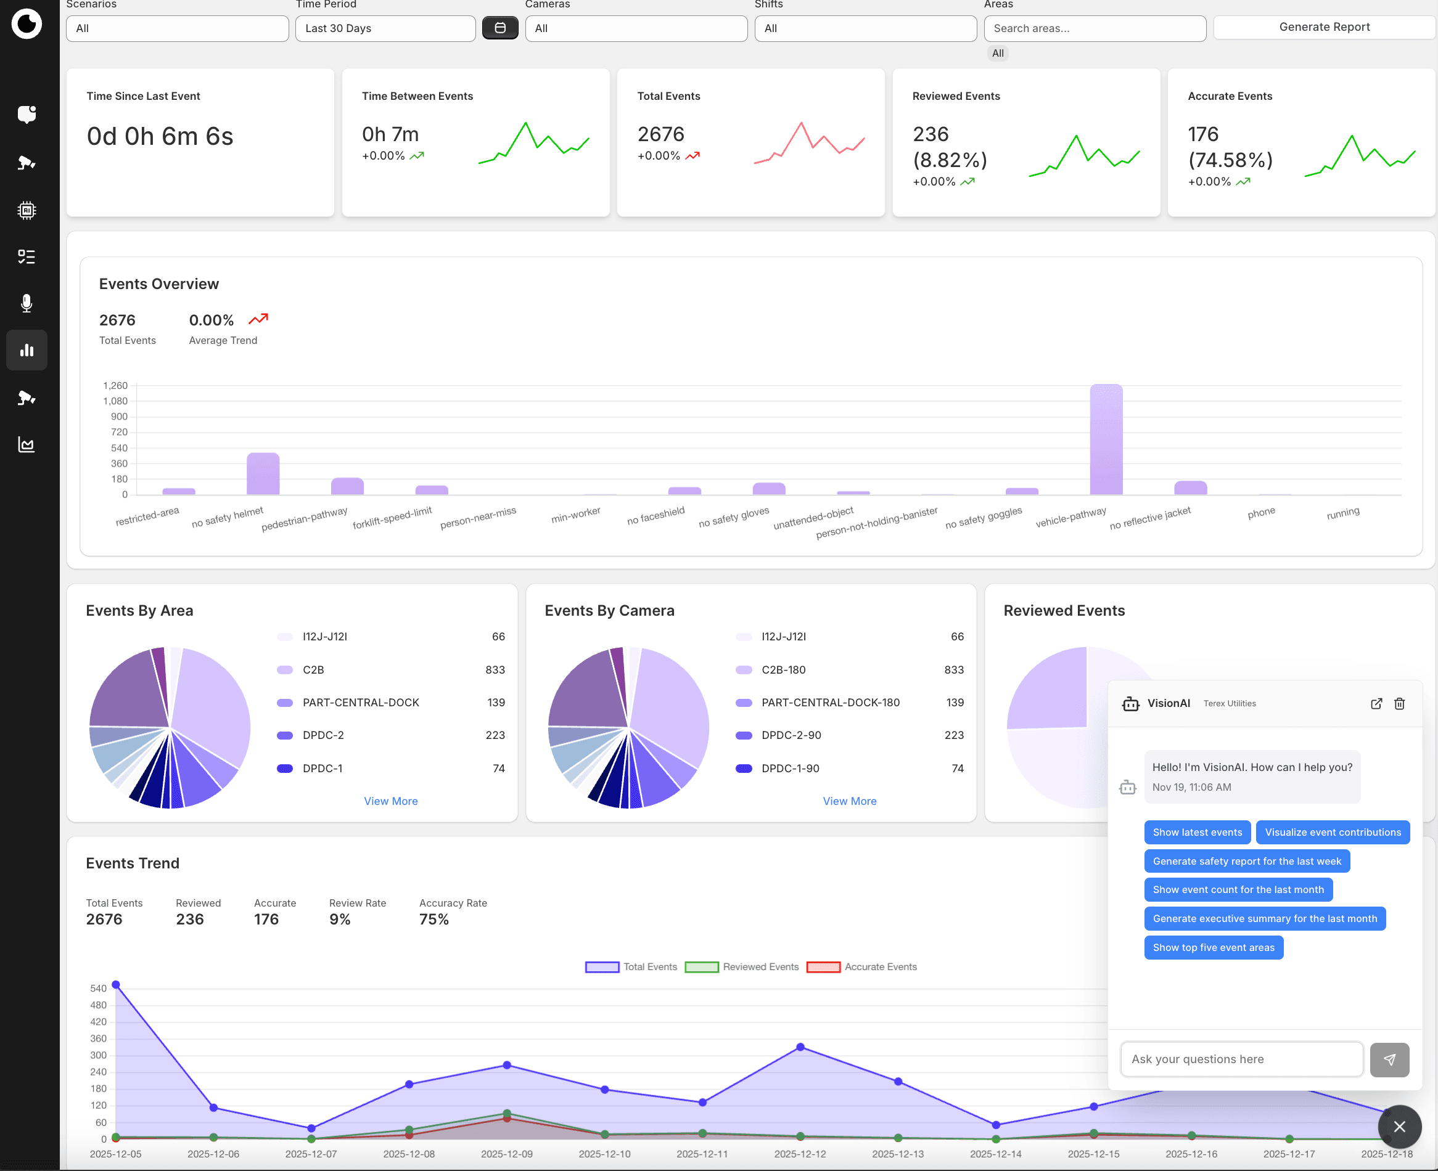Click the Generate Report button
[x=1323, y=27]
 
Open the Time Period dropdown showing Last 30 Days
[x=385, y=28]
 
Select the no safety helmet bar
[x=263, y=473]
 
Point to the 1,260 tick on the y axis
[x=115, y=385]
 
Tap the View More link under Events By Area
[x=391, y=801]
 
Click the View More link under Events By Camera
[x=849, y=801]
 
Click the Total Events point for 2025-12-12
[x=800, y=1047]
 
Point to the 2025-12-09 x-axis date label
[x=506, y=1154]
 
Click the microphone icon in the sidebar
[x=27, y=303]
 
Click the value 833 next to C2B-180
[x=953, y=669]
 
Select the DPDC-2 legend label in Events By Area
[x=323, y=735]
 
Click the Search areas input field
[x=1094, y=28]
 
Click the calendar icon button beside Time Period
[x=499, y=28]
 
